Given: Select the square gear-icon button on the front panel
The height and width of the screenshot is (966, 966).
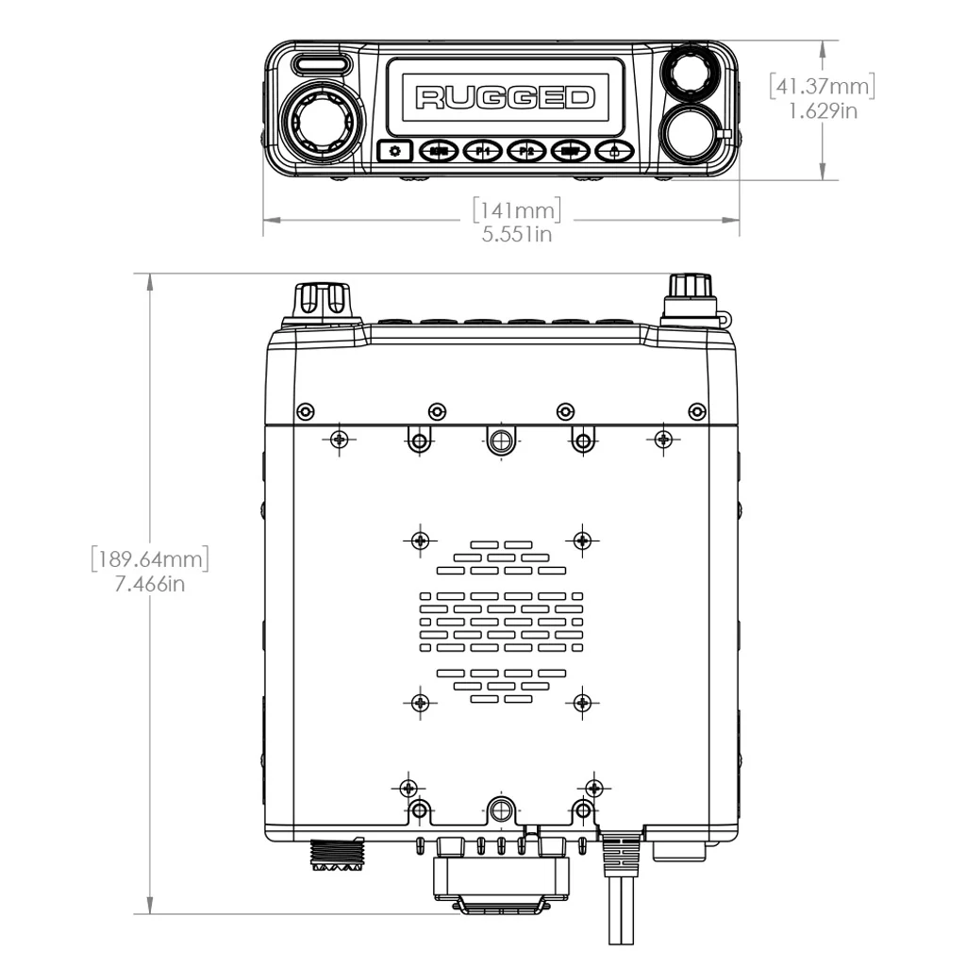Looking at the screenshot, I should point(395,150).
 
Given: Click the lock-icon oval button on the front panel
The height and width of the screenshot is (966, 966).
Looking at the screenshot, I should point(614,150).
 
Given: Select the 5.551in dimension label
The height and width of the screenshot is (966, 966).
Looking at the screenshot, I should point(517,233).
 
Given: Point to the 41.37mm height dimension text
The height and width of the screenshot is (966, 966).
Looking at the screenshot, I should point(822,86).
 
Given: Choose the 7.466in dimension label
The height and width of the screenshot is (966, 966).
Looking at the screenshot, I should point(149,584).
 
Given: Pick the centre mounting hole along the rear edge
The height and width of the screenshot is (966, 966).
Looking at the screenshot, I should point(501,808).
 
